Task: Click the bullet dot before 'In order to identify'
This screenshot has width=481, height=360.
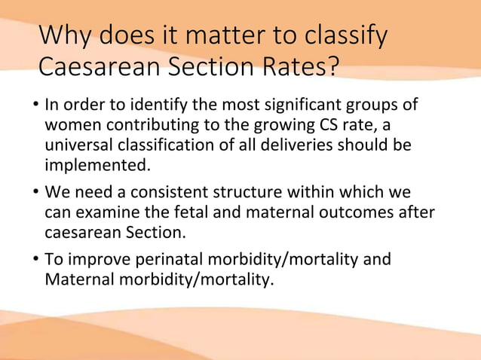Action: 35,104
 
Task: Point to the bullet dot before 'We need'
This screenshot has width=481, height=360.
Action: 35,193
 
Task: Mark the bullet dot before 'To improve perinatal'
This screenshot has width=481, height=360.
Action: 35,261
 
